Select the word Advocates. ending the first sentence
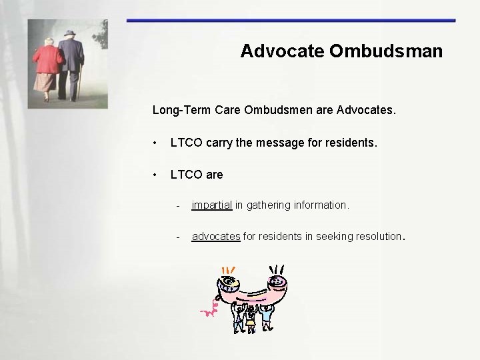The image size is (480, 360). pyautogui.click(x=367, y=109)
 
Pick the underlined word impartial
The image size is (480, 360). pyautogui.click(x=211, y=205)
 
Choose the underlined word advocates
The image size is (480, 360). pyautogui.click(x=215, y=236)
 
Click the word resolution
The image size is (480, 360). pyautogui.click(x=377, y=236)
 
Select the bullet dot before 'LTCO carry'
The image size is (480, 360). pyautogui.click(x=155, y=143)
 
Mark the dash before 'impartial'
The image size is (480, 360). pyautogui.click(x=178, y=205)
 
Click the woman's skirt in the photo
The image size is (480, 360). pyautogui.click(x=45, y=81)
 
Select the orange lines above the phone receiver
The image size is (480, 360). pyautogui.click(x=229, y=271)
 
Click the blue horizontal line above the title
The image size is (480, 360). pyautogui.click(x=291, y=21)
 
